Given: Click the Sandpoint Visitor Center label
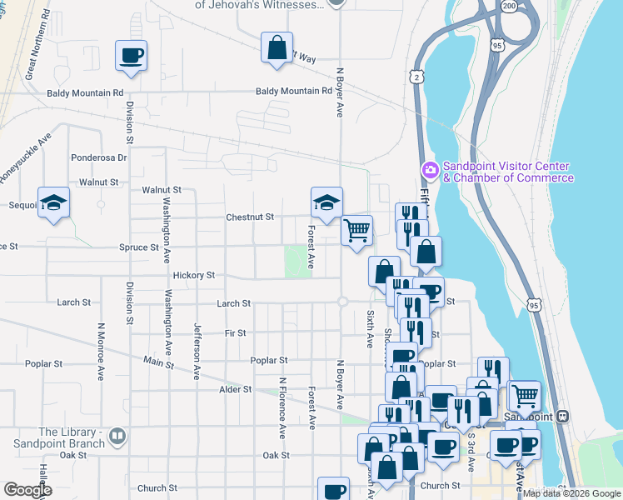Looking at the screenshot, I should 507,172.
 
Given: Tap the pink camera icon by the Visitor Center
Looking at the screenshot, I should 430,170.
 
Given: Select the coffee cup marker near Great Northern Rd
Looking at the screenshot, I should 132,56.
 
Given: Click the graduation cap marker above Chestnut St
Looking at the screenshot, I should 326,202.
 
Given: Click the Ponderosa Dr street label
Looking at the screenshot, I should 98,157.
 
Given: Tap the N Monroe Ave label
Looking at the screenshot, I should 100,350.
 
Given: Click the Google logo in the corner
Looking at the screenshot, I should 27,490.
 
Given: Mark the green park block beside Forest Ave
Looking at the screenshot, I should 294,262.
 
